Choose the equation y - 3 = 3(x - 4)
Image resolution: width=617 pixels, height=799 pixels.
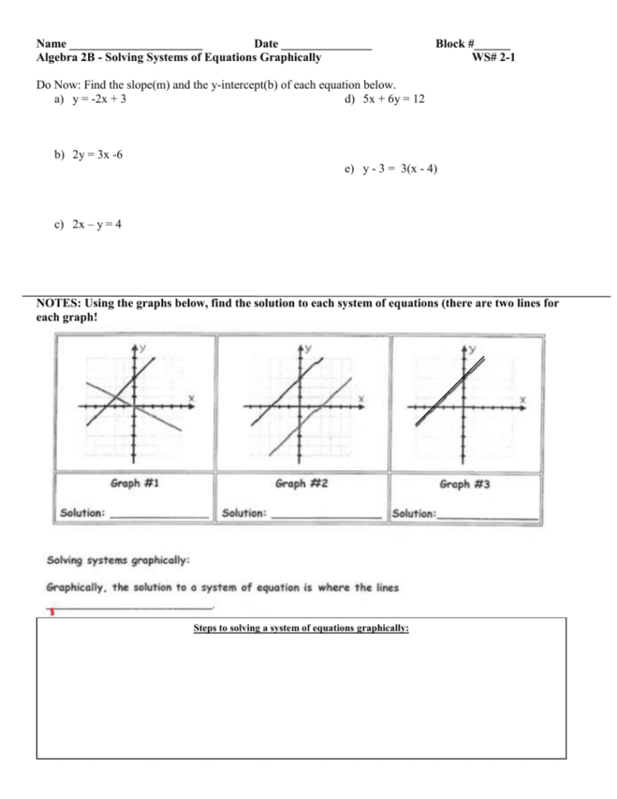(x=400, y=169)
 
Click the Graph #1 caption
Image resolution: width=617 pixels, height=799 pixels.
(x=134, y=484)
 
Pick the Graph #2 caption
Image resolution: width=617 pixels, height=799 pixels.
(x=301, y=484)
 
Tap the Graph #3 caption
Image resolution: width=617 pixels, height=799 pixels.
(x=465, y=485)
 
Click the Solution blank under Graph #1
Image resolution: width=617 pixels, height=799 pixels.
(x=159, y=515)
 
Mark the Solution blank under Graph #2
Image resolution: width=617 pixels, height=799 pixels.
(x=326, y=515)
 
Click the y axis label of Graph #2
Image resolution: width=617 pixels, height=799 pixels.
(x=309, y=348)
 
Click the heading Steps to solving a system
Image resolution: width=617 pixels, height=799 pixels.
(x=301, y=628)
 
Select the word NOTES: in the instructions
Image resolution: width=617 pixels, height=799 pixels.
(x=58, y=303)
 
